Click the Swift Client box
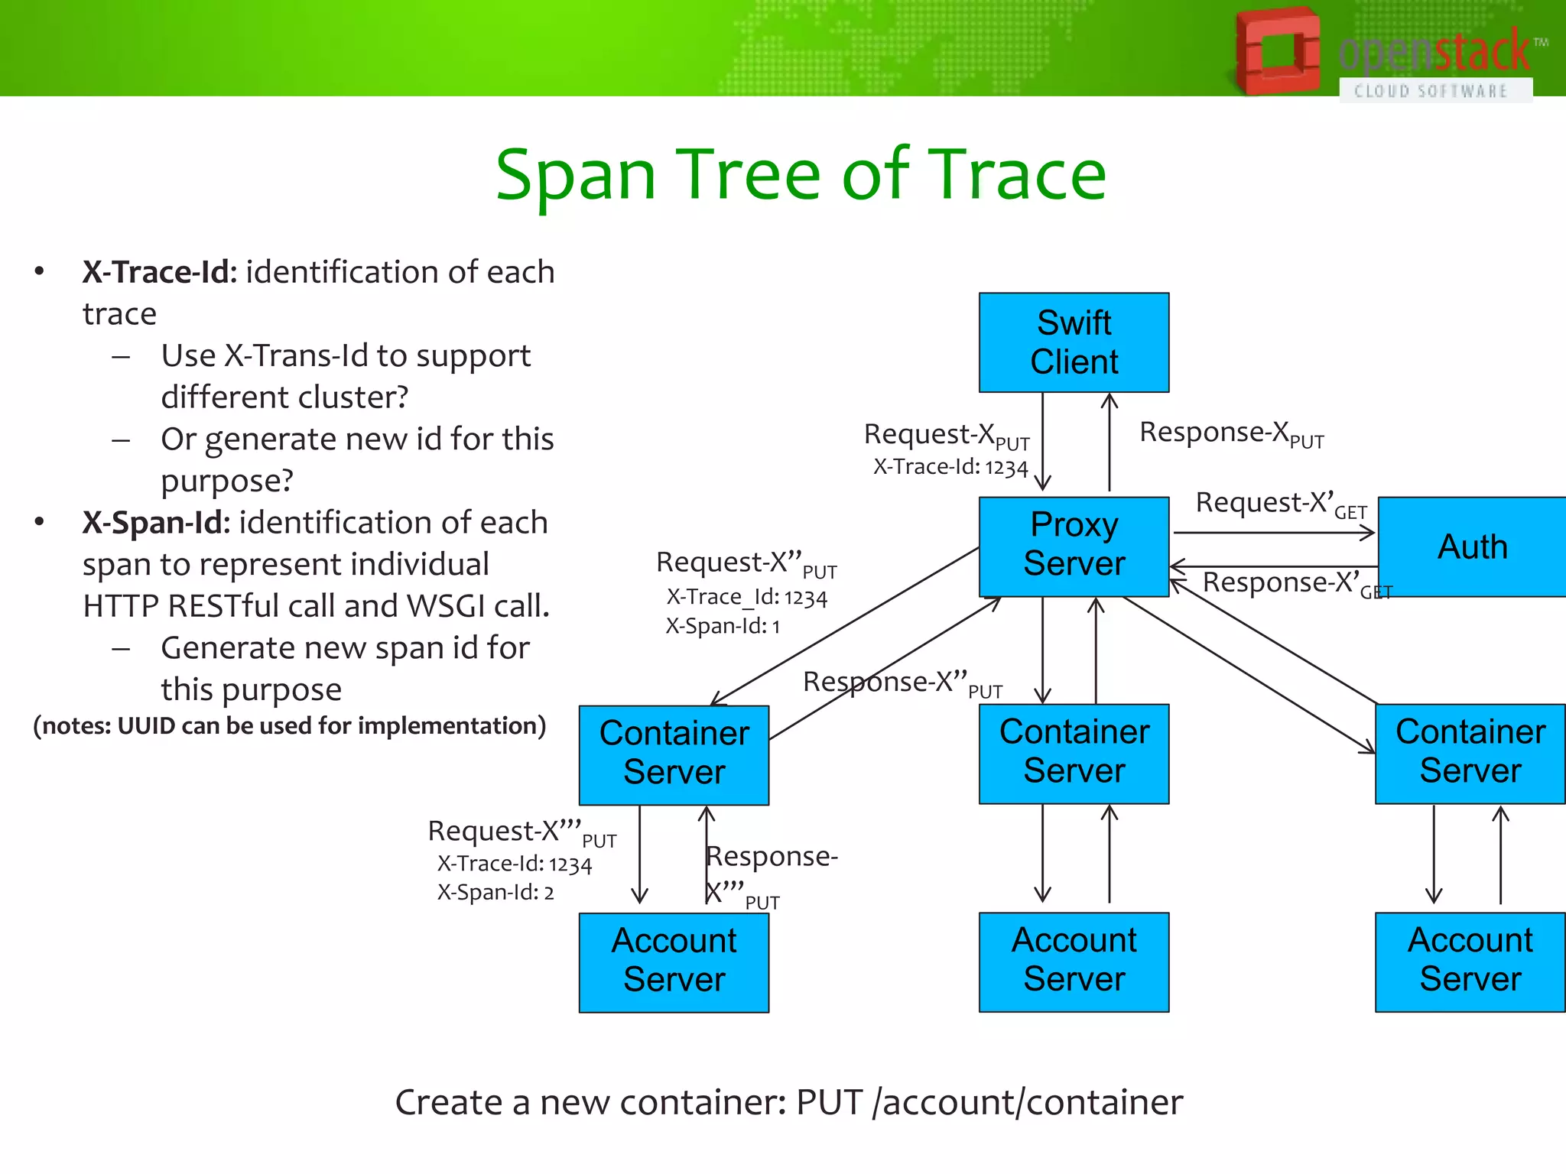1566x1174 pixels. pos(1074,342)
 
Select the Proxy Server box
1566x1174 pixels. pos(1074,546)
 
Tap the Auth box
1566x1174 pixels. pos(1471,546)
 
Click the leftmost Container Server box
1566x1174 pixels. pos(674,754)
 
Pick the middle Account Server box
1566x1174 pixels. pos(1074,961)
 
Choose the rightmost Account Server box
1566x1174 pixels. pos(1470,961)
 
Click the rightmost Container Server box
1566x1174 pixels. pos(1470,752)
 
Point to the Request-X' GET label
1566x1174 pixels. pos(1280,505)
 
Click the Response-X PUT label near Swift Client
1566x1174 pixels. pos(1230,434)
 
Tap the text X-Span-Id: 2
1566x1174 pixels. pos(495,893)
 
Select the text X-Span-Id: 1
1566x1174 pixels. pos(722,627)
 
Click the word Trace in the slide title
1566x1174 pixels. pos(1017,176)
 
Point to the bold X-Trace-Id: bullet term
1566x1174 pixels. pos(160,272)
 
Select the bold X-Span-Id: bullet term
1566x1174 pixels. pos(156,523)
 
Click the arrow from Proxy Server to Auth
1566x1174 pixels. pos(1273,533)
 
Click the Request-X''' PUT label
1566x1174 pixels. pos(520,832)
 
